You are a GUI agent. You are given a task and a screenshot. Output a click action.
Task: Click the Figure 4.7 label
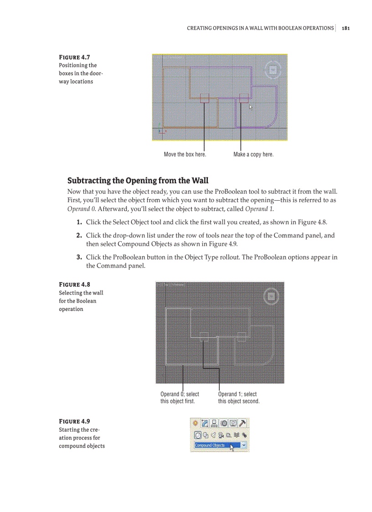pyautogui.click(x=74, y=57)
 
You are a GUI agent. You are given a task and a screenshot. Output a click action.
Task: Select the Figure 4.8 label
pyautogui.click(x=74, y=284)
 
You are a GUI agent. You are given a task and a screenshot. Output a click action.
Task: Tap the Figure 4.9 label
pyautogui.click(x=74, y=421)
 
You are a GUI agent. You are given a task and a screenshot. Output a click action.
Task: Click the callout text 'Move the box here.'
pyautogui.click(x=185, y=155)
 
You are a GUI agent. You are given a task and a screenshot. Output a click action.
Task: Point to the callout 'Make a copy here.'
pyautogui.click(x=253, y=155)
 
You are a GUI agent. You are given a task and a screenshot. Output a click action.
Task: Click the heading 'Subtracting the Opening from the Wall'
pyautogui.click(x=138, y=180)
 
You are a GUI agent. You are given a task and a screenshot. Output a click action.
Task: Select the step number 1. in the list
pyautogui.click(x=79, y=222)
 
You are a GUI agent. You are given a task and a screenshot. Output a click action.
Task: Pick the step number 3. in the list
pyautogui.click(x=79, y=257)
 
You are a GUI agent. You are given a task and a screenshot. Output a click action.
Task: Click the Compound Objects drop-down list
pyautogui.click(x=220, y=445)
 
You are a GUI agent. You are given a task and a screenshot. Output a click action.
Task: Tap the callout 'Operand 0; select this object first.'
pyautogui.click(x=180, y=398)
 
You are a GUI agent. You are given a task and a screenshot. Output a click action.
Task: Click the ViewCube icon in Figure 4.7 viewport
pyautogui.click(x=273, y=70)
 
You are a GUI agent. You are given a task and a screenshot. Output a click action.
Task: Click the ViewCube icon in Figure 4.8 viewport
pyautogui.click(x=271, y=296)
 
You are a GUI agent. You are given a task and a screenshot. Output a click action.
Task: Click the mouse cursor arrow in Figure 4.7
pyautogui.click(x=250, y=107)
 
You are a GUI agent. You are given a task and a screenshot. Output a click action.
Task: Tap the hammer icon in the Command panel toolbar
pyautogui.click(x=243, y=424)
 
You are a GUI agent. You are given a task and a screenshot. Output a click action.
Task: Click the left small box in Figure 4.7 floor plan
pyautogui.click(x=205, y=98)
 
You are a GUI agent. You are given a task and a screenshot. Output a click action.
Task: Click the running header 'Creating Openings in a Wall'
pyautogui.click(x=260, y=28)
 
